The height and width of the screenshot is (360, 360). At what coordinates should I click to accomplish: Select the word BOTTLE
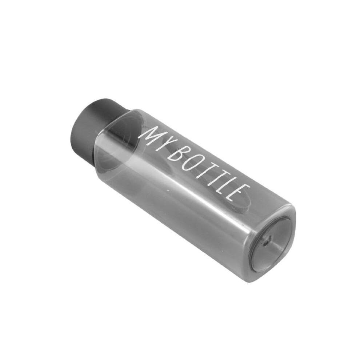210,178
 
